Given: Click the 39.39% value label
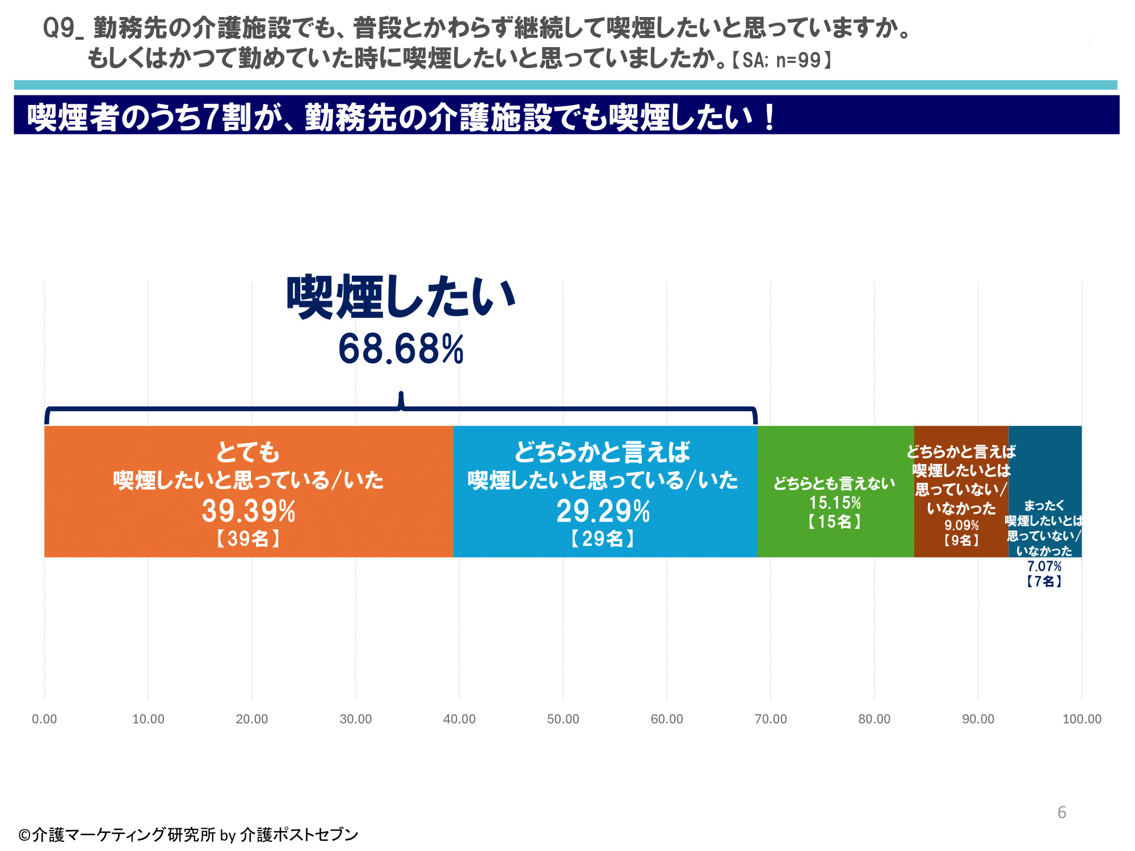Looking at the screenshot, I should coord(249,511).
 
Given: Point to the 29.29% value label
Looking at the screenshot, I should coord(603,511).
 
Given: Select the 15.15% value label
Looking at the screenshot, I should coord(835,503).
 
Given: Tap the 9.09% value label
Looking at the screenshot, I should coord(961,525).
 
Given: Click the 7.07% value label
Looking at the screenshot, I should coord(1044,566).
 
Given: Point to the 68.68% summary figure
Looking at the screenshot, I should coord(401,349).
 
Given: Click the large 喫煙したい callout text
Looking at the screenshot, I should coord(401,298).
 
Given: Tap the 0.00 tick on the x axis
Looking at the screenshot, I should coord(44,719).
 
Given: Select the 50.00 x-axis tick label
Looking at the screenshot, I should coord(563,719).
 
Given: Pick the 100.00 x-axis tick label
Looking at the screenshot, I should coord(1082,719).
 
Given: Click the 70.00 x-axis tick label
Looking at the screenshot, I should coord(771,719).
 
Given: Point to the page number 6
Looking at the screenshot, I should coord(1062,812).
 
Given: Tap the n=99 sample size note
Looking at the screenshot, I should coord(798,60).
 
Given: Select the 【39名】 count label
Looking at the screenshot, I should coord(249,538).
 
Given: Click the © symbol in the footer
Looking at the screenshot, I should coord(24,835).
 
